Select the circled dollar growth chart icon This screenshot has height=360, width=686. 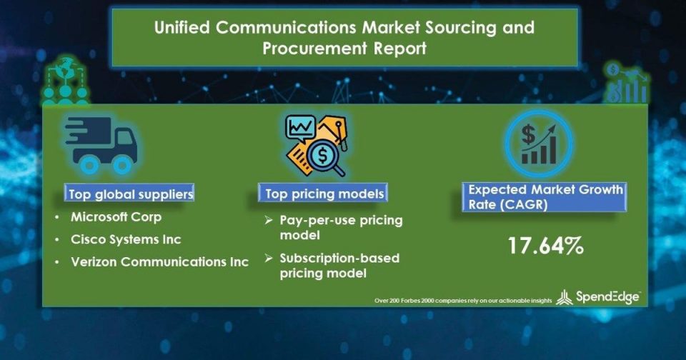(x=539, y=144)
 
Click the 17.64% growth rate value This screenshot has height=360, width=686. (x=545, y=246)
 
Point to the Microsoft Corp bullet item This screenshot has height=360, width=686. (x=116, y=217)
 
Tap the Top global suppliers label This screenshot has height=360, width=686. (x=130, y=194)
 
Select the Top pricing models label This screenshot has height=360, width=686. (x=323, y=193)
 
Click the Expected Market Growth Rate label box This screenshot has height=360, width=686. (x=545, y=197)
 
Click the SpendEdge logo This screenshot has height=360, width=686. (x=599, y=297)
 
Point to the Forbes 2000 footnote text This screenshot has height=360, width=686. (x=463, y=301)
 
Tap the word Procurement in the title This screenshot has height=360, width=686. (x=314, y=48)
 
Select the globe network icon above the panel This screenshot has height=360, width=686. (x=66, y=80)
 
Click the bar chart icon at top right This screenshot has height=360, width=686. (x=626, y=83)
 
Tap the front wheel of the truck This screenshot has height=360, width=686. (x=122, y=164)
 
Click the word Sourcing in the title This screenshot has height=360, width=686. (x=460, y=28)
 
